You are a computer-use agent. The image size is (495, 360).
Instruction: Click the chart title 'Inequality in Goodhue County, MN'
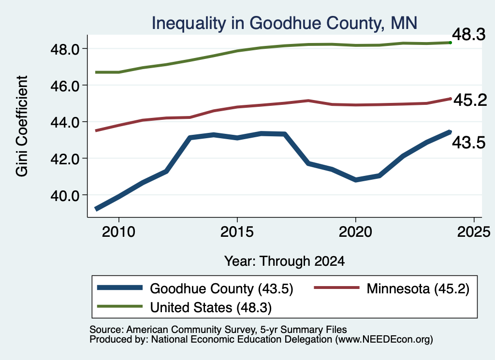click(284, 24)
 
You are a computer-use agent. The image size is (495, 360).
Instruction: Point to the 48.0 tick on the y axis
click(65, 49)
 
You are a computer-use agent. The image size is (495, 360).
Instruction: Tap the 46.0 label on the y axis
click(65, 86)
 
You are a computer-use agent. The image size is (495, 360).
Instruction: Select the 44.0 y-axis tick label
click(65, 122)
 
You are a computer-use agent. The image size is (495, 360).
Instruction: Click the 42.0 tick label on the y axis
click(65, 158)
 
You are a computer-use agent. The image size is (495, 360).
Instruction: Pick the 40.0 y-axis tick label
click(65, 195)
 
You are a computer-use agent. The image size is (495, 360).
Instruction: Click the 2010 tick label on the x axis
click(119, 232)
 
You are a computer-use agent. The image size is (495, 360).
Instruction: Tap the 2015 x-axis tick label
click(237, 232)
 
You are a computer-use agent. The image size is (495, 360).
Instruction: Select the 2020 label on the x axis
click(355, 232)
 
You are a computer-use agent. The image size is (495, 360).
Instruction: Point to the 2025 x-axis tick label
click(474, 232)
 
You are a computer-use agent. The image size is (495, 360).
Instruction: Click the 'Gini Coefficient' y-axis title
click(22, 126)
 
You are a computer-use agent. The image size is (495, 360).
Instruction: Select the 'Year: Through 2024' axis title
click(284, 261)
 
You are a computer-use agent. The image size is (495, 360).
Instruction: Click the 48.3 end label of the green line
click(469, 34)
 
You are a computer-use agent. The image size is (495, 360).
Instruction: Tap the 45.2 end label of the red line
click(470, 100)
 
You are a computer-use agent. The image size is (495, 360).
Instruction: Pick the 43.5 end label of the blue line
click(469, 142)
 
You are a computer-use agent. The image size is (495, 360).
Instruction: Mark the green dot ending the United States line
click(451, 43)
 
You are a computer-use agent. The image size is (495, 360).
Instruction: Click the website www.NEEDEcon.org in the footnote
click(384, 340)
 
